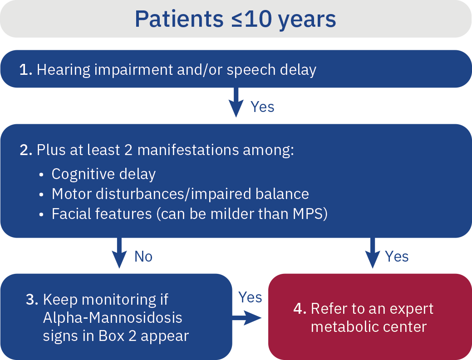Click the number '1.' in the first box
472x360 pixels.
[25, 70]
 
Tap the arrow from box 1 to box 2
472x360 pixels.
[236, 102]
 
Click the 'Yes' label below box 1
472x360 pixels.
[262, 107]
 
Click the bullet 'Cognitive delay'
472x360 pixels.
[103, 174]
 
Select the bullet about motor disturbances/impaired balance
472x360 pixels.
[180, 194]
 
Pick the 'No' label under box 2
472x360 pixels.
[143, 257]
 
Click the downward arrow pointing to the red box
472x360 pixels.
[373, 253]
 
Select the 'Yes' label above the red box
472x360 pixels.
[397, 257]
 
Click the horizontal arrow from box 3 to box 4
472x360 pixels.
[247, 318]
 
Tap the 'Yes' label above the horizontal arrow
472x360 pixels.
[250, 297]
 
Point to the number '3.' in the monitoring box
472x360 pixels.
[32, 300]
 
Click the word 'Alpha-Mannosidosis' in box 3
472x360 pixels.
[113, 318]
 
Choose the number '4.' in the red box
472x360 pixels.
[300, 309]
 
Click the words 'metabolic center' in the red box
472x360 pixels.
[369, 327]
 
